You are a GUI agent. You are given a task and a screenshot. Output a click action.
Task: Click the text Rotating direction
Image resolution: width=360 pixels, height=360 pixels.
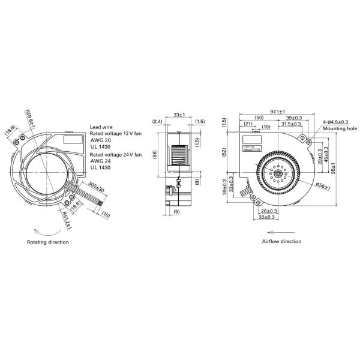click(48, 242)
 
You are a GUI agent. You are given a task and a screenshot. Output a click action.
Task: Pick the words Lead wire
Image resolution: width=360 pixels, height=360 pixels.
click(100, 127)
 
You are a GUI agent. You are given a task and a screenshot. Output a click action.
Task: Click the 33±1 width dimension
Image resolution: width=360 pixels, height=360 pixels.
click(179, 114)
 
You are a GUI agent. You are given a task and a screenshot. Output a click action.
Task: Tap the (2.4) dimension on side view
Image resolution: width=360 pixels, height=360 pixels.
click(157, 121)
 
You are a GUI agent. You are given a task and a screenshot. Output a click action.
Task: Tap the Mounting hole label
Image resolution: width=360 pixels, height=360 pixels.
click(338, 129)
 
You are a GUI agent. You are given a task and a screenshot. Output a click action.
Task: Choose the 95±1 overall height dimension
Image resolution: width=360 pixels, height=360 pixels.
click(333, 166)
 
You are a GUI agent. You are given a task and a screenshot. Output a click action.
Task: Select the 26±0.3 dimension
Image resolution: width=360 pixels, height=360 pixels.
click(269, 211)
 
